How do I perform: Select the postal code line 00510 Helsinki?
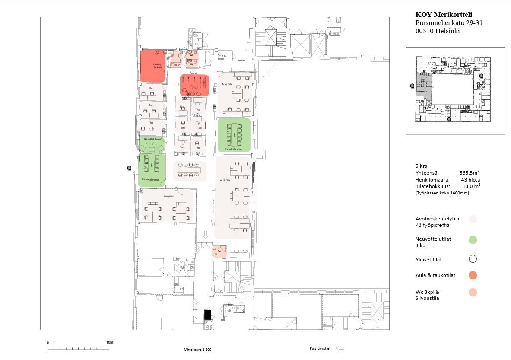click(438, 31)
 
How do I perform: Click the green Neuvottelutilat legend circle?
click(473, 239)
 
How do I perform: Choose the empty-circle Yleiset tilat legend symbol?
click(473, 259)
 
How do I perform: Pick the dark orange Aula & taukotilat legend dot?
click(473, 275)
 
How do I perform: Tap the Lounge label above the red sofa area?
click(193, 73)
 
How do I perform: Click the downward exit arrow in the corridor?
click(206, 234)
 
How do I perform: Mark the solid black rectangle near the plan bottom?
click(208, 315)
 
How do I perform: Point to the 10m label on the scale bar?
click(109, 342)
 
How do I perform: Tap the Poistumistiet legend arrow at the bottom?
click(340, 348)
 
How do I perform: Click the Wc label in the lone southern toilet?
click(219, 251)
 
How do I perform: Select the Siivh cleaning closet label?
click(177, 65)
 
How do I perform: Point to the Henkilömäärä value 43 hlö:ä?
click(471, 179)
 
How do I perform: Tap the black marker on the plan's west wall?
click(128, 168)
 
